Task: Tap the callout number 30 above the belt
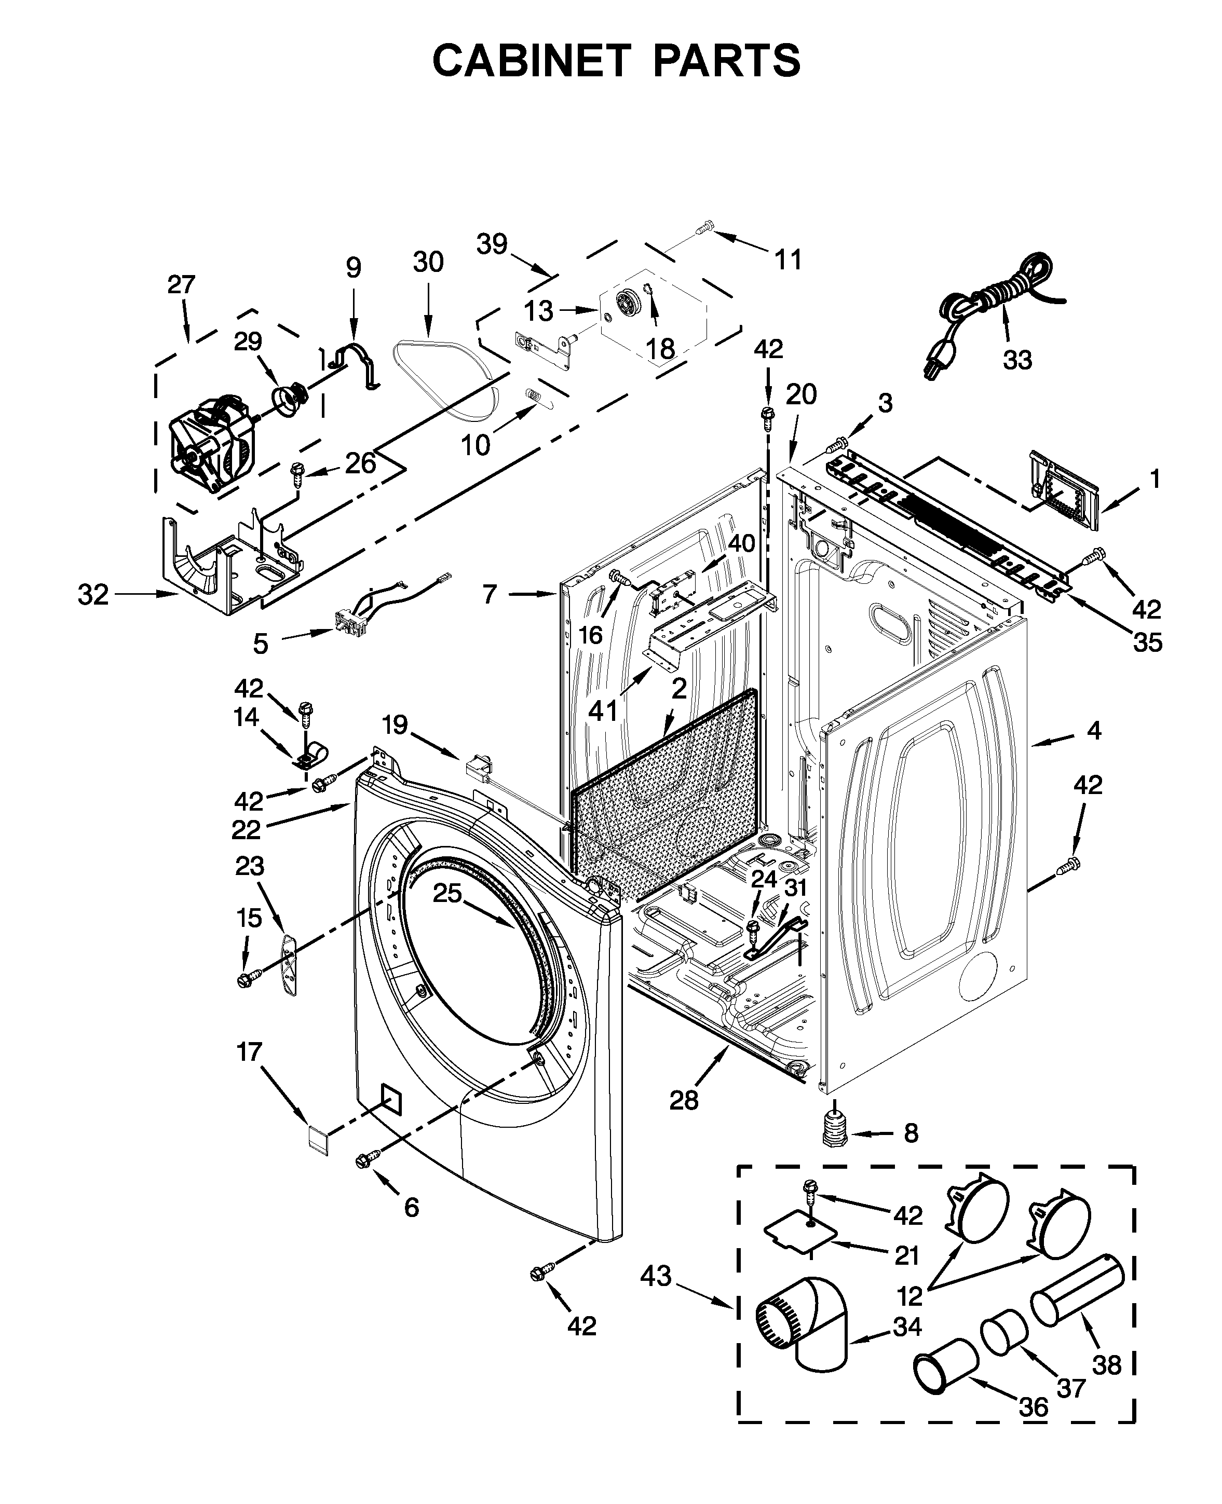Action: coord(428,263)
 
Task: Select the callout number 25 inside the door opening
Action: coord(447,893)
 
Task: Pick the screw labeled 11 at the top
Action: coord(704,227)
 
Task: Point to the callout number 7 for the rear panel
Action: coord(490,595)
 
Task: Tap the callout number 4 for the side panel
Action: coord(1093,731)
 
